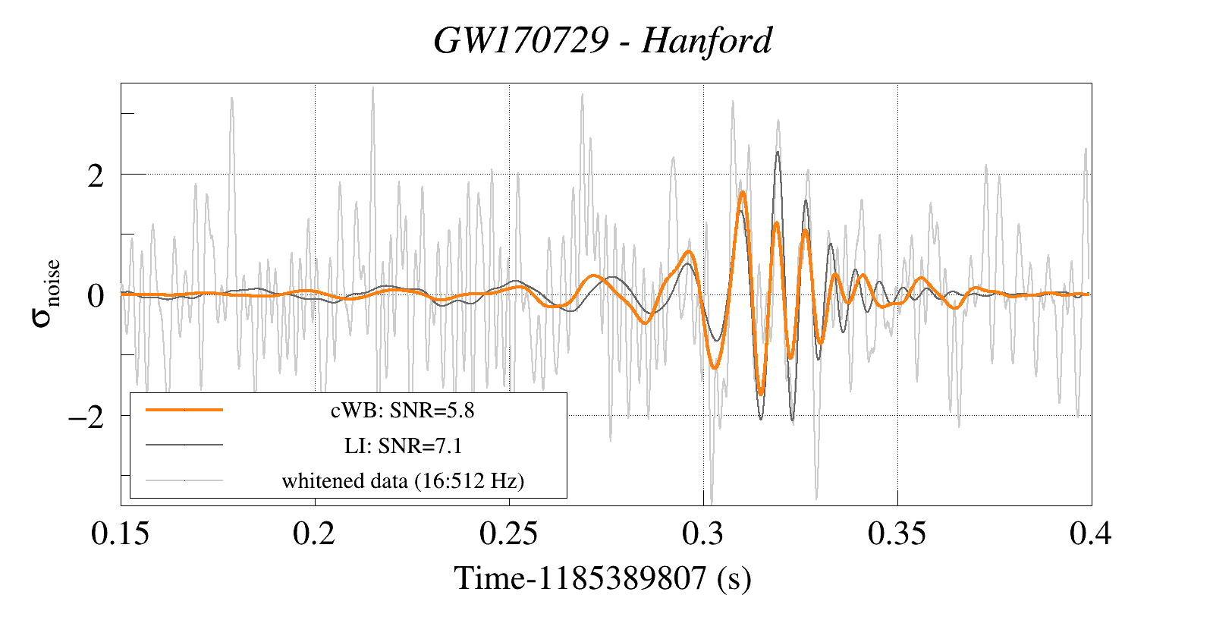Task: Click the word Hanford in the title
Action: click(706, 41)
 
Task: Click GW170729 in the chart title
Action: click(521, 41)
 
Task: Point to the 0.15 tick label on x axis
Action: click(120, 534)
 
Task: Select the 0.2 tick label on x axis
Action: click(314, 534)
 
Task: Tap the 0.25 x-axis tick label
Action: click(508, 534)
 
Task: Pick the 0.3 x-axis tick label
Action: click(703, 534)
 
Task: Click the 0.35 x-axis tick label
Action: click(897, 534)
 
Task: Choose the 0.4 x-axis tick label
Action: click(1091, 534)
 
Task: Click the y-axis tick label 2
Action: click(96, 176)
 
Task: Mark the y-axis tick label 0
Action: click(96, 296)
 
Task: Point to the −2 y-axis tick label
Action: click(86, 417)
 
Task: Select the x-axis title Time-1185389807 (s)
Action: click(602, 578)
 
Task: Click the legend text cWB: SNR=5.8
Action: click(402, 411)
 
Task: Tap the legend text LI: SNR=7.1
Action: click(403, 445)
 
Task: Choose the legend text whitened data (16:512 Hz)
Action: click(403, 480)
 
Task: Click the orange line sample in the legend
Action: click(184, 410)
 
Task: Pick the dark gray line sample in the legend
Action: click(184, 445)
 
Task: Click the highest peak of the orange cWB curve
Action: click(743, 193)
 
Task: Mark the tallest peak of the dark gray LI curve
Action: click(778, 153)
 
